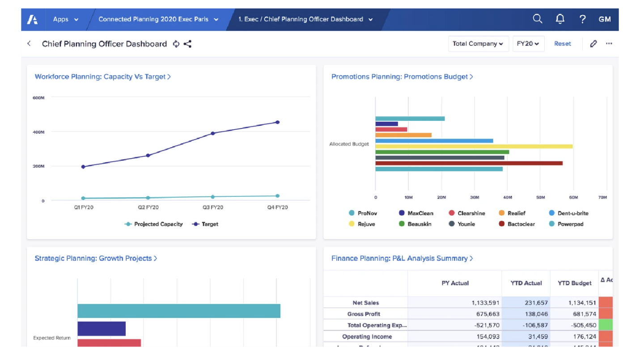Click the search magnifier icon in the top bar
click(x=538, y=19)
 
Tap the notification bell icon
click(x=560, y=19)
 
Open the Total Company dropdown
click(x=478, y=44)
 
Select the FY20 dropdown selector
click(x=528, y=44)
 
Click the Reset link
click(x=562, y=44)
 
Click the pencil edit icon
click(x=593, y=44)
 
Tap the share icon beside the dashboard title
click(x=187, y=44)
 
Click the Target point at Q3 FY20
click(x=213, y=133)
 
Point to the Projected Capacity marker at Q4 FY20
click(x=277, y=196)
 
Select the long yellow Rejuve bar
click(x=474, y=146)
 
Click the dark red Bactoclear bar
click(x=469, y=163)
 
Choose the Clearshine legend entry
click(x=467, y=213)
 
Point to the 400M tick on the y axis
click(x=38, y=132)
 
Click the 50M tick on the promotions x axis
click(x=540, y=197)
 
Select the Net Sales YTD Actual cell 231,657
click(x=526, y=303)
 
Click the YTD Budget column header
click(x=574, y=283)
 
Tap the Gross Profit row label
click(x=364, y=314)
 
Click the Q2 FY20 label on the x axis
click(x=148, y=208)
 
